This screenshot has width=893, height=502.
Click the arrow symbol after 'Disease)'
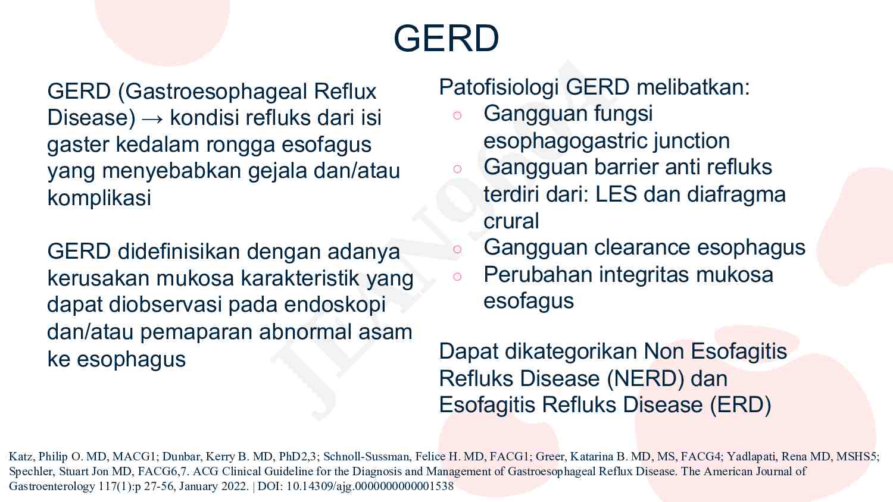pyautogui.click(x=152, y=118)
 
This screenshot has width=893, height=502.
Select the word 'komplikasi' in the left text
pyautogui.click(x=99, y=197)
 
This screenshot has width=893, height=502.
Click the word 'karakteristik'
pyautogui.click(x=302, y=278)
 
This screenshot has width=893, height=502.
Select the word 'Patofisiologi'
pyautogui.click(x=499, y=87)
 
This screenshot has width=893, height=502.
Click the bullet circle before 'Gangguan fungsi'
pyautogui.click(x=457, y=115)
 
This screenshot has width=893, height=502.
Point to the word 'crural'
pyautogui.click(x=511, y=221)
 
